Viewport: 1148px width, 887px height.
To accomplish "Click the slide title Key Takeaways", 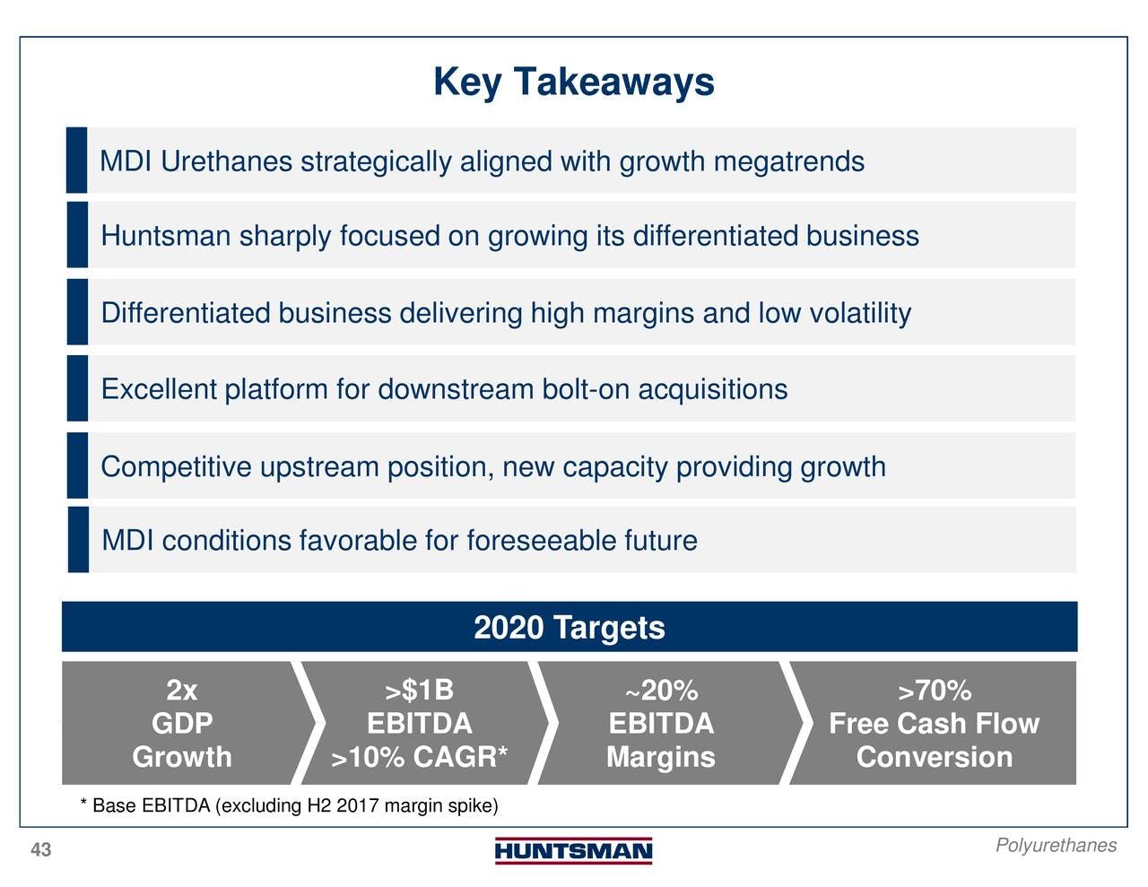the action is (574, 83).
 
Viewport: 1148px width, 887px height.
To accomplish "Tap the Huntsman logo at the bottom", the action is (574, 851).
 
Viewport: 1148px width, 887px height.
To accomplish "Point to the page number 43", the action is (40, 850).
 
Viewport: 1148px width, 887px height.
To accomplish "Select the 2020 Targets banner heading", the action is (570, 628).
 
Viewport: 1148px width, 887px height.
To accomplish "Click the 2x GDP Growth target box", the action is (182, 723).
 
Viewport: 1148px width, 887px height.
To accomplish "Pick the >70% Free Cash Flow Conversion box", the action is (934, 723).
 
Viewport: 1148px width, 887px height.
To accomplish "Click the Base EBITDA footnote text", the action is (289, 806).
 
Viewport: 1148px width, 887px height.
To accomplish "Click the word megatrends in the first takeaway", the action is (789, 161).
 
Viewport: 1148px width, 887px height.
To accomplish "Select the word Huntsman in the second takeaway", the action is (166, 236).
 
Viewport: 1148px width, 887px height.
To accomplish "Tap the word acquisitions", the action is (713, 389).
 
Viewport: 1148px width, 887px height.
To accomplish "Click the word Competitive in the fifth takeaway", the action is (176, 467).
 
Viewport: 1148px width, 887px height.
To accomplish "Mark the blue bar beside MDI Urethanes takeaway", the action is (76, 160).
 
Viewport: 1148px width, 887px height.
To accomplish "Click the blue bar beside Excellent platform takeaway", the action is (78, 388).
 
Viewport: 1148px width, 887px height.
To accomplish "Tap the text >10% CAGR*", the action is (419, 757).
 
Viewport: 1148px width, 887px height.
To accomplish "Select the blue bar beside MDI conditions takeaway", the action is (78, 539).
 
